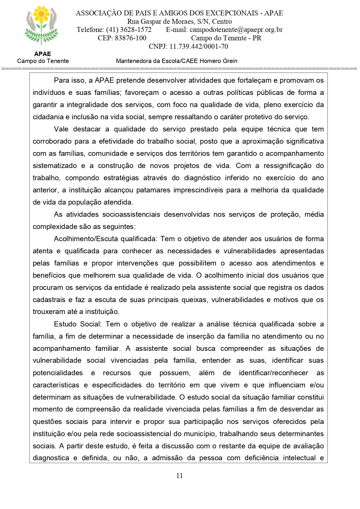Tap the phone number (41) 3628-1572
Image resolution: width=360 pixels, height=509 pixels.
pos(129,30)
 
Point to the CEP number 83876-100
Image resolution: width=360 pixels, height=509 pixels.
pos(131,38)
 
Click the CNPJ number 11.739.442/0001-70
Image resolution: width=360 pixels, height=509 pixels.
pos(199,46)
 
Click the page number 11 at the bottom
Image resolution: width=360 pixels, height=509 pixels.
pos(180,476)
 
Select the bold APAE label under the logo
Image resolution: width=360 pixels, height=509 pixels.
pos(43,54)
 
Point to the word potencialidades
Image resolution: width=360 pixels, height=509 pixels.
pos(58,373)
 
